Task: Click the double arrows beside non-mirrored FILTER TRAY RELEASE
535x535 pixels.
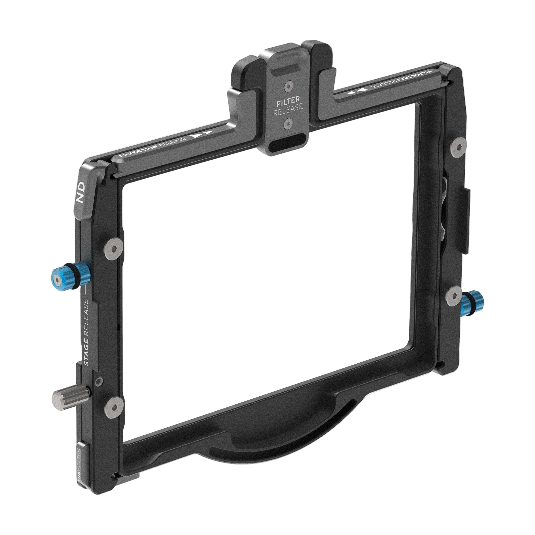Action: [202, 135]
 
